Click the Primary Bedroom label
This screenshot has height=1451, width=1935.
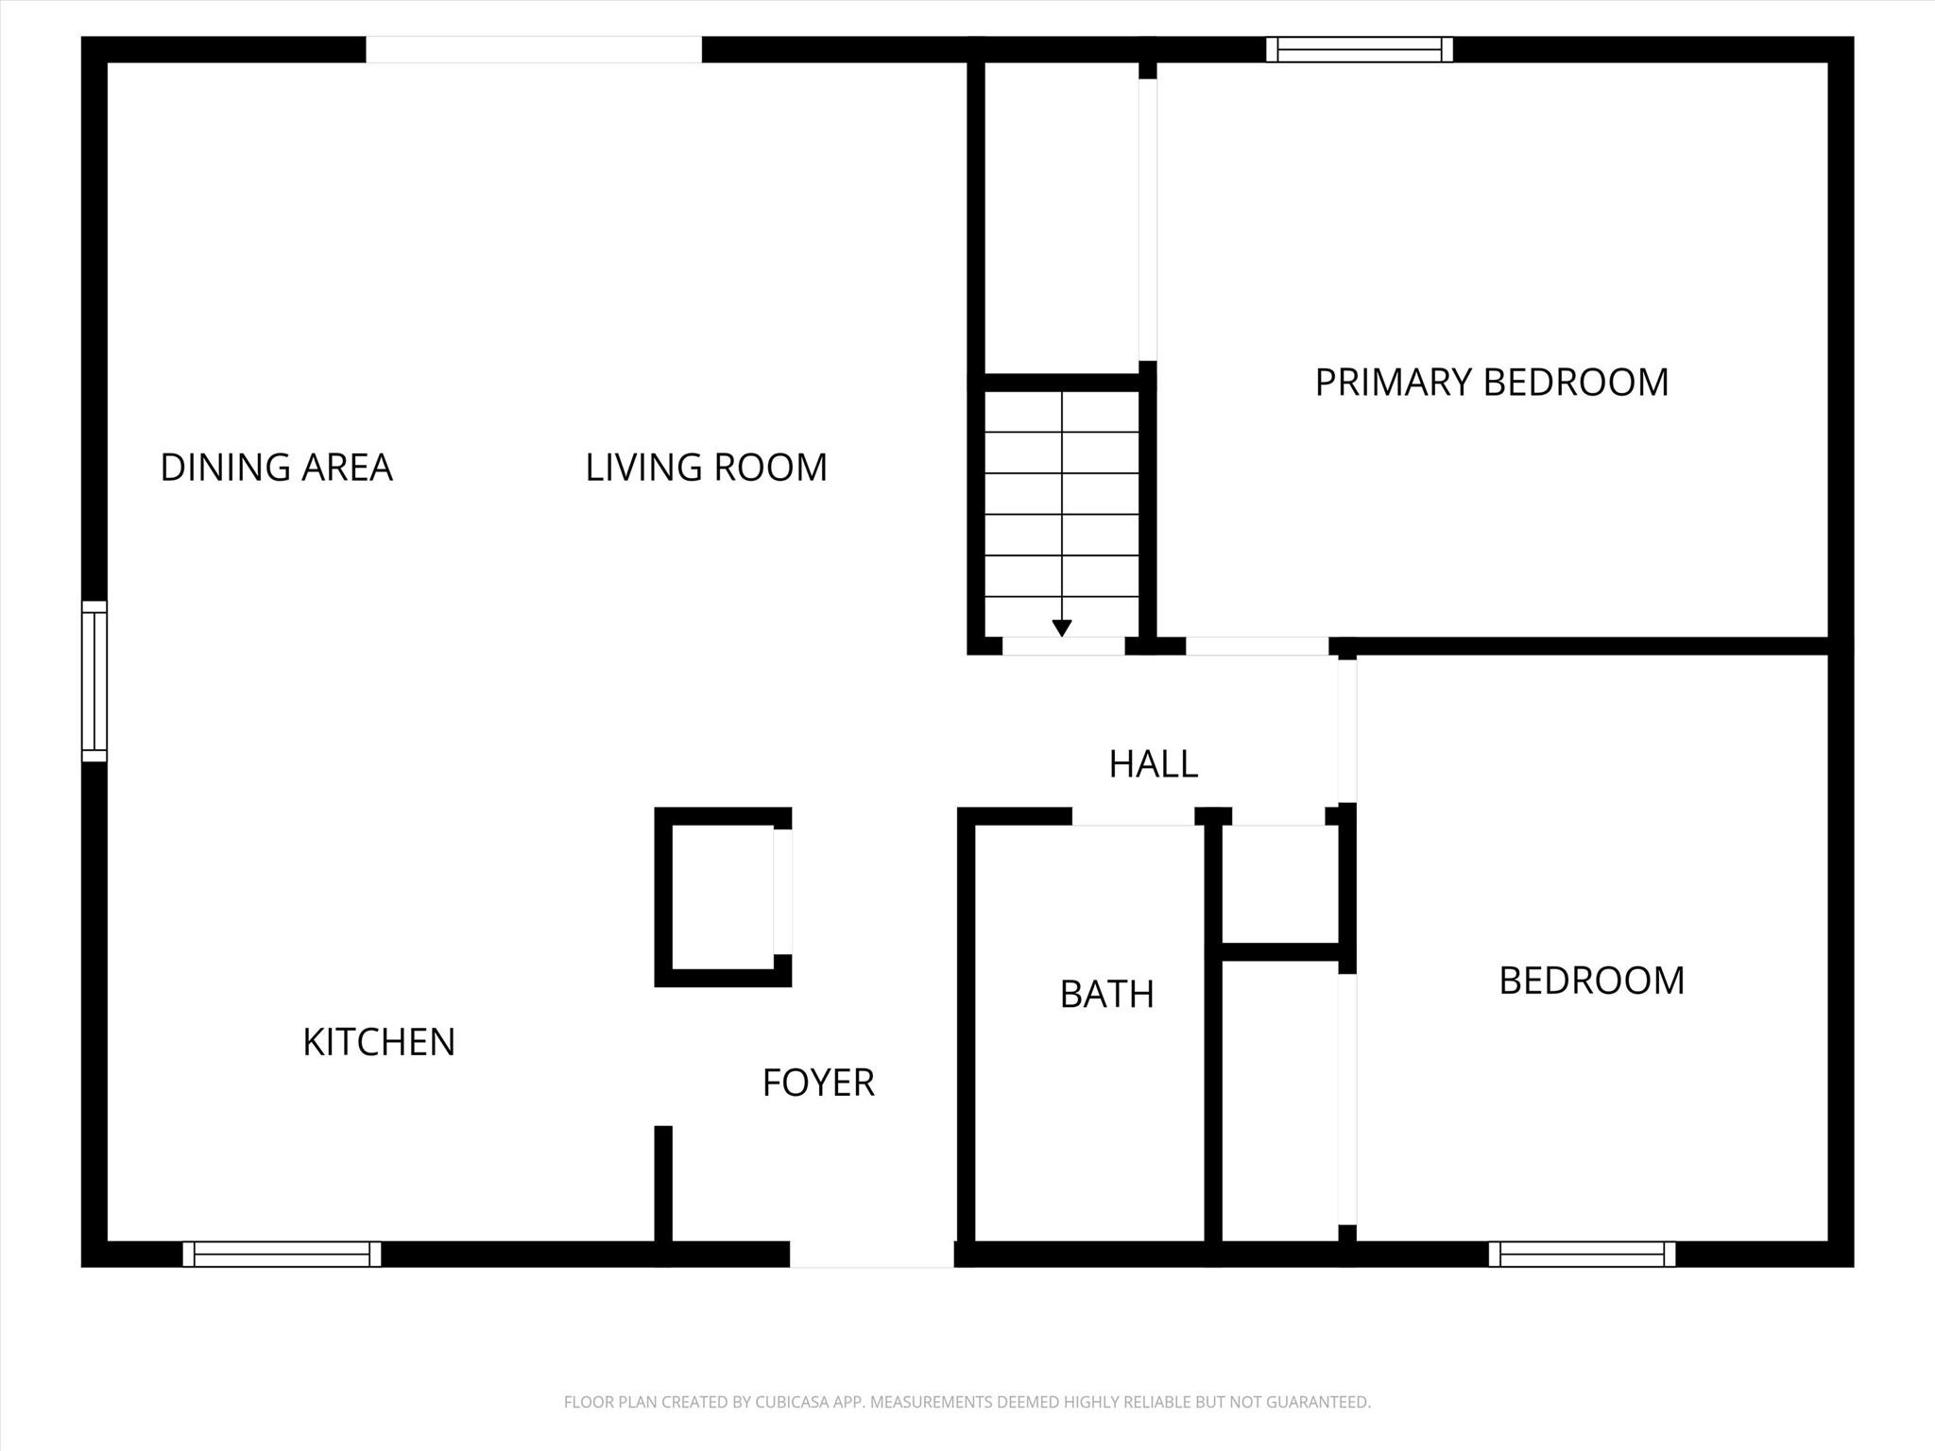click(x=1492, y=383)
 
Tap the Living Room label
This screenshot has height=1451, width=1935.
click(x=706, y=468)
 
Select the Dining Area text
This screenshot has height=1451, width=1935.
click(x=276, y=468)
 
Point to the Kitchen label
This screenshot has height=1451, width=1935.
click(x=379, y=1042)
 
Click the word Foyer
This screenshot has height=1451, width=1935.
click(x=818, y=1083)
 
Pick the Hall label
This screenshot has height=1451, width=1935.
click(x=1154, y=764)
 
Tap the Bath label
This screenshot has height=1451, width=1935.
click(x=1107, y=994)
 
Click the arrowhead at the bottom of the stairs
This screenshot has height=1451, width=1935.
click(x=1062, y=627)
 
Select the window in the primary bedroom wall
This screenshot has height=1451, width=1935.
click(x=1360, y=49)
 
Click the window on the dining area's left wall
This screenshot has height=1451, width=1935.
click(x=94, y=681)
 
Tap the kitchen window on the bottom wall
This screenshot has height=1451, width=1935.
click(x=282, y=1254)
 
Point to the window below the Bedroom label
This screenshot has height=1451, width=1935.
click(x=1583, y=1254)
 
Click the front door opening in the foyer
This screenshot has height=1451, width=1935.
click(x=872, y=1254)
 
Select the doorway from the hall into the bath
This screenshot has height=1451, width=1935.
click(x=1133, y=816)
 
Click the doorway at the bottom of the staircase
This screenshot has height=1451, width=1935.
click(x=1064, y=646)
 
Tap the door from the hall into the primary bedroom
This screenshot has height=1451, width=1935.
click(x=1258, y=646)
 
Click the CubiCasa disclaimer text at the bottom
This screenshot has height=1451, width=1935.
click(x=967, y=1402)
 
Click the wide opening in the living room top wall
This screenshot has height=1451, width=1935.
click(x=534, y=49)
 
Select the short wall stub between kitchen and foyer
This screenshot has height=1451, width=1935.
click(x=663, y=1184)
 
